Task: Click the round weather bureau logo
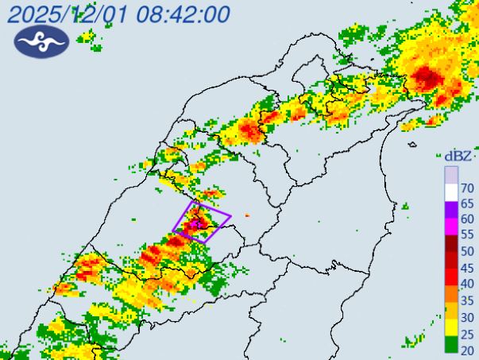(x=42, y=42)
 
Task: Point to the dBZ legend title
(x=459, y=156)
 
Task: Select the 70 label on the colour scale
(x=468, y=188)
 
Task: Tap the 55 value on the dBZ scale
(x=468, y=235)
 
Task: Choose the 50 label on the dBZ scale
(x=468, y=251)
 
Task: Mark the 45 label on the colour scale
(x=468, y=267)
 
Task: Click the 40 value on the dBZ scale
(x=468, y=283)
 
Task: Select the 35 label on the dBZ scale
(x=468, y=300)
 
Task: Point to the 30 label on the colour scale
(x=468, y=316)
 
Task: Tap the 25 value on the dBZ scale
(x=468, y=332)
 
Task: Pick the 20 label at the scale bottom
(x=468, y=348)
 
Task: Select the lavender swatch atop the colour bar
(x=450, y=174)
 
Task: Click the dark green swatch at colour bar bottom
(x=450, y=344)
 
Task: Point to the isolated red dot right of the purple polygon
(x=247, y=215)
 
